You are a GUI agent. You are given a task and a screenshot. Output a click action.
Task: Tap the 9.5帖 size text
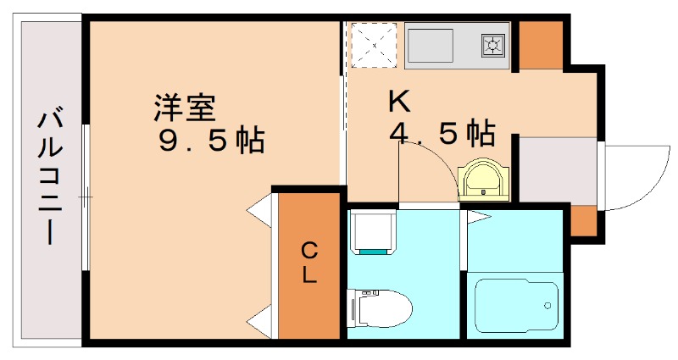(x=211, y=140)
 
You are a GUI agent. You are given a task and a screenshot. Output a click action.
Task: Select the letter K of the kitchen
(x=398, y=102)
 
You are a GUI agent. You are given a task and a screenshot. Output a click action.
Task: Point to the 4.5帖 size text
(x=442, y=133)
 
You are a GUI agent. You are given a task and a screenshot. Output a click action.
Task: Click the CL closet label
(x=308, y=262)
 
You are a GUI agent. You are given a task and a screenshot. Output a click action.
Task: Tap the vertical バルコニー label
(x=49, y=177)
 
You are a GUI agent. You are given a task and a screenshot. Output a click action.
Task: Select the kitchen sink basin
(x=430, y=44)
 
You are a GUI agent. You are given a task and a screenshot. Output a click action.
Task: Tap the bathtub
(x=514, y=304)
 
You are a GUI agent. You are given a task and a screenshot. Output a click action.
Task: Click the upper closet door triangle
(x=260, y=210)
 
